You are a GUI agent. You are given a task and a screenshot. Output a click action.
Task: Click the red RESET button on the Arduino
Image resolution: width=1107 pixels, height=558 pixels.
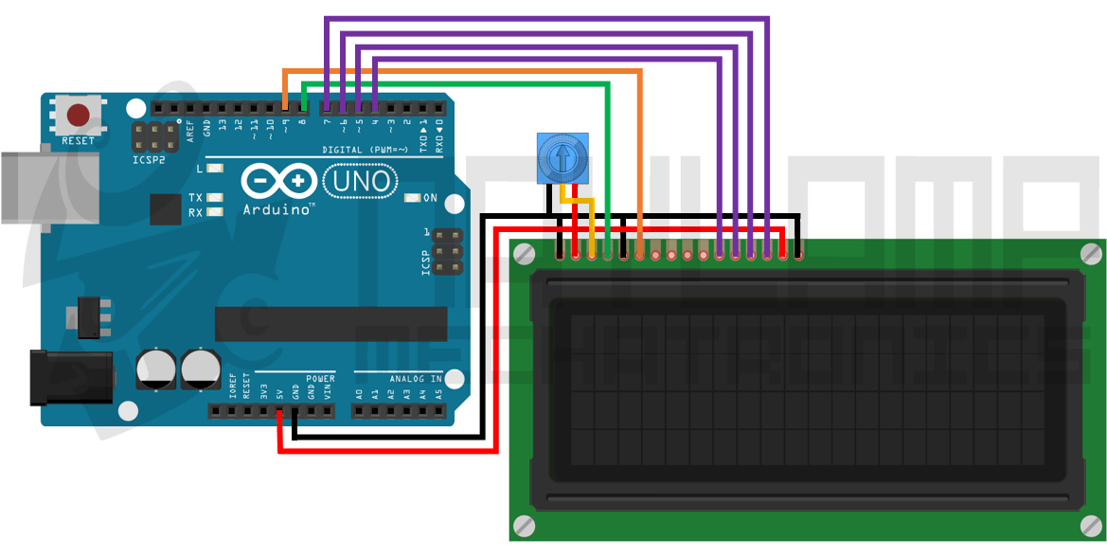point(78,116)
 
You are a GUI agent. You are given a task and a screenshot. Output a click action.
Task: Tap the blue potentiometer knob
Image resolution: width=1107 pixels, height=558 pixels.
point(562,157)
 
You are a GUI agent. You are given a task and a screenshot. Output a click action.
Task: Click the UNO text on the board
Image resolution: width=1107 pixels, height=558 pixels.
point(361,180)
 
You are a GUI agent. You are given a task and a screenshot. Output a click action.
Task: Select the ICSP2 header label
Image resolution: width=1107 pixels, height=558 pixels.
point(149,161)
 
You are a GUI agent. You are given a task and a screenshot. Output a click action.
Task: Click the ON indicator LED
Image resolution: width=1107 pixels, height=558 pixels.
point(412,198)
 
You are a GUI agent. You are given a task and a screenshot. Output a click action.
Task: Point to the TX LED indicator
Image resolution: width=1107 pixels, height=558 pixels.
point(215,198)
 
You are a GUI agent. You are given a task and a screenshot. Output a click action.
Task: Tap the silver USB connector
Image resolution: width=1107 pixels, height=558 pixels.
point(38,187)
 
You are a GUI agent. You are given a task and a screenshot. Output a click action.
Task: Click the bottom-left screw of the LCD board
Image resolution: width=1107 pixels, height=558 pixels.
point(524,525)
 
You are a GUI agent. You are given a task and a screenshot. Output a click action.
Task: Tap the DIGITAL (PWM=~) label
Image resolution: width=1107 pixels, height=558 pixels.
point(365,150)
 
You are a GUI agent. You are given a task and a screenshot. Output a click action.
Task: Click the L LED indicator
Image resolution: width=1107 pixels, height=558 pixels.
point(215,168)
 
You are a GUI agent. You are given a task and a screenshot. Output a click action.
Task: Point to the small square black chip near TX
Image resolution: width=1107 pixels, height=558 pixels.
point(165,208)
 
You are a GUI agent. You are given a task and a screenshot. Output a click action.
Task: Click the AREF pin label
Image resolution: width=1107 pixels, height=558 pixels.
point(190,129)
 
